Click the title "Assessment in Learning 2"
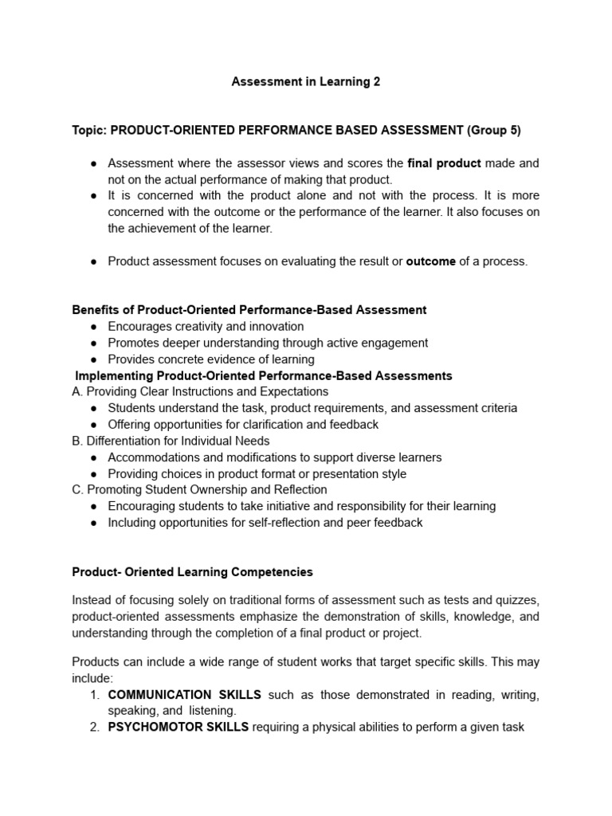(305, 82)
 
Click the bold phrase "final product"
(444, 163)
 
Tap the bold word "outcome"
(431, 261)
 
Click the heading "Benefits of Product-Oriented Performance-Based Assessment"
(249, 310)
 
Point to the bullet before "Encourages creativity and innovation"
(94, 327)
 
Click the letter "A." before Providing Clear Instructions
(77, 392)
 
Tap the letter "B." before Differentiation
(77, 441)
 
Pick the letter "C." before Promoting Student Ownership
(77, 489)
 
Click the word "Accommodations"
(152, 457)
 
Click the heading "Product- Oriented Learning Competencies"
(192, 572)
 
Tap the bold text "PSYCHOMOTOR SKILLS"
(178, 727)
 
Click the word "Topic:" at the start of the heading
(89, 130)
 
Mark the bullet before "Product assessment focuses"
(94, 261)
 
